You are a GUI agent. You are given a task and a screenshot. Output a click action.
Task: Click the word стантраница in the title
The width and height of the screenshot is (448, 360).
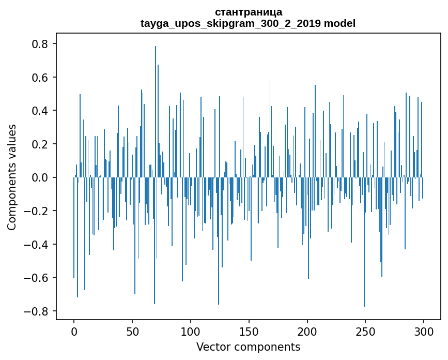(248, 12)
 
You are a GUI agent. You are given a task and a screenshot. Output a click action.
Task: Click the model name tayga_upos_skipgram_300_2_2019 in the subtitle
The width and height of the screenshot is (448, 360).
(230, 23)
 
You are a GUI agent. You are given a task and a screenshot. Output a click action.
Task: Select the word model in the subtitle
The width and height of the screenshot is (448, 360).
(340, 23)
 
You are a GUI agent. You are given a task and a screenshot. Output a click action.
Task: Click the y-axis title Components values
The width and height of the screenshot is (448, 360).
(12, 177)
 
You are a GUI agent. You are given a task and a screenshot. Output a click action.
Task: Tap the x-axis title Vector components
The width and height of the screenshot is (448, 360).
(248, 347)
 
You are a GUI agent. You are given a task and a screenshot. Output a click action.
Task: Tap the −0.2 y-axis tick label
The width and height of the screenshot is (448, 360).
(37, 211)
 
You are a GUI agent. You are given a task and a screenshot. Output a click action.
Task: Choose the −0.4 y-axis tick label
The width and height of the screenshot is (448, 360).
(37, 244)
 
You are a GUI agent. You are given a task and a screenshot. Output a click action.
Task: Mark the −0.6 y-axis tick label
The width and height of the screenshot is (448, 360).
(37, 278)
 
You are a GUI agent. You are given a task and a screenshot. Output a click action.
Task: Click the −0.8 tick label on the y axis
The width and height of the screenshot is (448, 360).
(37, 311)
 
